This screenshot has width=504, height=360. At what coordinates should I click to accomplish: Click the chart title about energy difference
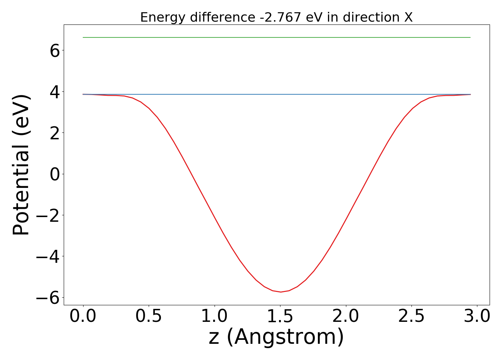click(276, 17)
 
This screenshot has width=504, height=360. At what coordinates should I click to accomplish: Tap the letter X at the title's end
click(408, 17)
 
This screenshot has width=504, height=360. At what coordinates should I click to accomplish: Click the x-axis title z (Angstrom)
click(276, 337)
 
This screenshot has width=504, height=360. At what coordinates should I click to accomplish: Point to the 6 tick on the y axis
click(55, 51)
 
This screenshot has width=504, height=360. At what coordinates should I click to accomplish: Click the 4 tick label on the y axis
click(55, 92)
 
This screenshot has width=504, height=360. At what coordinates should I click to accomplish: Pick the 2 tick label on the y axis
click(55, 133)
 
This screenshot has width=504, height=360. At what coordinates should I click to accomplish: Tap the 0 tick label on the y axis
click(55, 174)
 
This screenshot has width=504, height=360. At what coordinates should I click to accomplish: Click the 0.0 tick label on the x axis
click(83, 316)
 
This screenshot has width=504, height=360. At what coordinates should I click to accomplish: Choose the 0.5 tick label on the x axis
click(149, 316)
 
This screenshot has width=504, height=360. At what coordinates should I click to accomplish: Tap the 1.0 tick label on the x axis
click(215, 316)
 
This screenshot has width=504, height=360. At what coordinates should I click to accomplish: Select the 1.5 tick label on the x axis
click(280, 316)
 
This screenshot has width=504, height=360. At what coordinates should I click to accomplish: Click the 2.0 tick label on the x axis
click(346, 316)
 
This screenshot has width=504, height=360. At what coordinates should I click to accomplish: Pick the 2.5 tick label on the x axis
click(411, 316)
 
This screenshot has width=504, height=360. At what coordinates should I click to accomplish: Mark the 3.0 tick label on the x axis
click(477, 316)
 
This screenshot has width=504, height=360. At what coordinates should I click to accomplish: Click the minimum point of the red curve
click(281, 292)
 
